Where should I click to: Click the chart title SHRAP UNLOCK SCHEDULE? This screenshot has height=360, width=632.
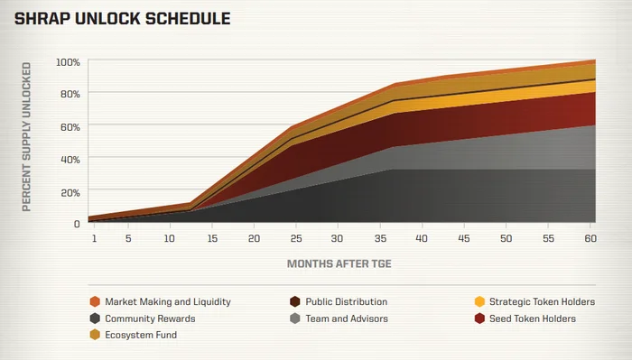[x=122, y=19]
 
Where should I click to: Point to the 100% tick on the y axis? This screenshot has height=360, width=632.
[x=68, y=62]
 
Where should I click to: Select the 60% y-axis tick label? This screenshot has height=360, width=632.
[x=70, y=127]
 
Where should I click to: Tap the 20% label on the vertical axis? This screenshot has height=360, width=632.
[x=70, y=193]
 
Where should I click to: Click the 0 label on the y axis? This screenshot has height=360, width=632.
[x=77, y=224]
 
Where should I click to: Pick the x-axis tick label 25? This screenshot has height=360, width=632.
[x=296, y=238]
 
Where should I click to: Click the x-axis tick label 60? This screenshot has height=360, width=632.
[x=590, y=238]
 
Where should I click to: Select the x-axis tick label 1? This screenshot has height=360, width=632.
[x=94, y=238]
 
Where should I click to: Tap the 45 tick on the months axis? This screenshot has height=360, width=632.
[x=464, y=238]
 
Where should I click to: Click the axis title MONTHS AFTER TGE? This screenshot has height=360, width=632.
[x=339, y=263]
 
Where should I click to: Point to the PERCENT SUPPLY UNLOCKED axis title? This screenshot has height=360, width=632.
[x=26, y=137]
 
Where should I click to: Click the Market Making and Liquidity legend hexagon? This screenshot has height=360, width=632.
[x=95, y=301]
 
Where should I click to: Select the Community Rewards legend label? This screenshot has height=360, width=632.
[x=150, y=318]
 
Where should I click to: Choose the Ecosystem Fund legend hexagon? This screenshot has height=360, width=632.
[x=95, y=335]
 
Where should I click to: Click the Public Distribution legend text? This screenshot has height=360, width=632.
[x=346, y=301]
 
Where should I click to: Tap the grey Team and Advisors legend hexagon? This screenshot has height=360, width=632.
[x=295, y=318]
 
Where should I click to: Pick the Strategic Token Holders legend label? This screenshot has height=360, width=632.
[x=542, y=301]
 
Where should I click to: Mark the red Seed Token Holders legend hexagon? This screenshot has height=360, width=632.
[x=479, y=318]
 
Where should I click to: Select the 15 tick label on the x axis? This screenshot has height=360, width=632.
[x=212, y=238]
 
